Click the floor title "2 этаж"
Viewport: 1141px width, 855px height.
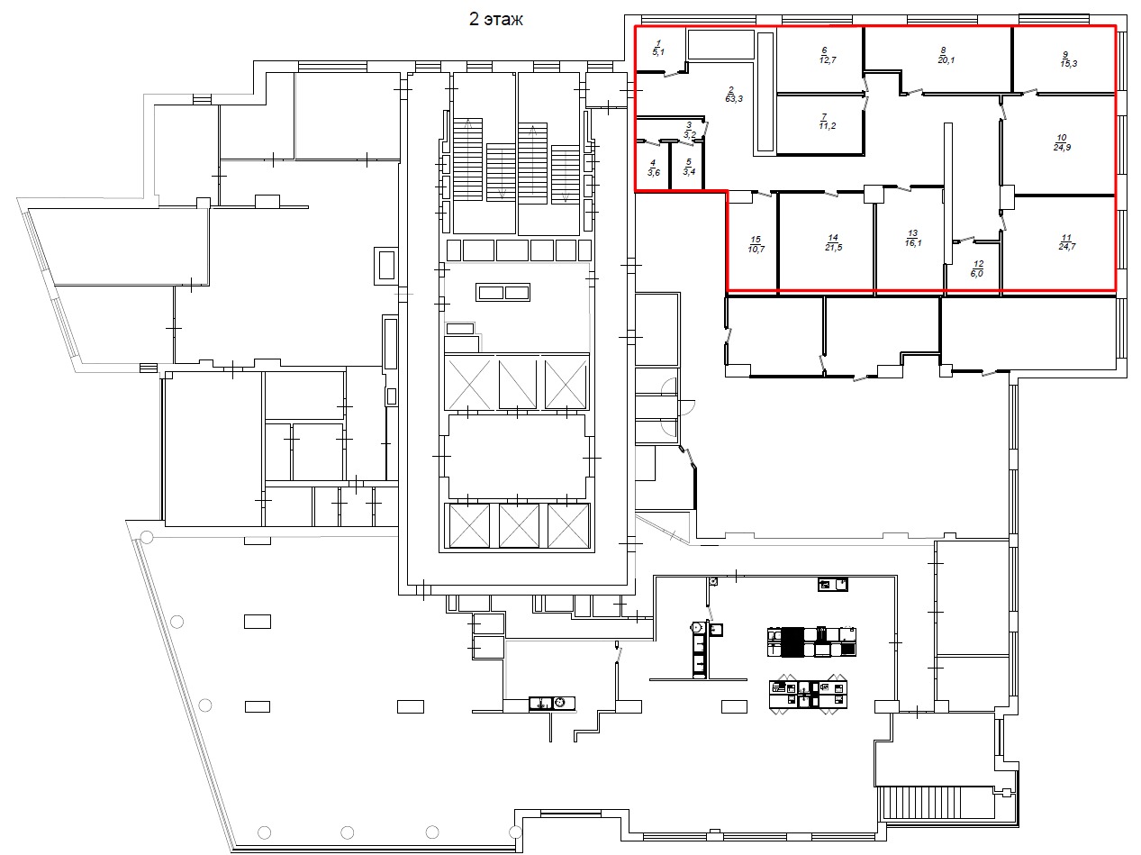point(495,19)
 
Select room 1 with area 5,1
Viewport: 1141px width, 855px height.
point(658,48)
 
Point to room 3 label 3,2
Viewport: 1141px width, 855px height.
point(689,130)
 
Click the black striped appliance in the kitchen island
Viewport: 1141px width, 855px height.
point(793,641)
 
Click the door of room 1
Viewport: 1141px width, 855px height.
point(675,74)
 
